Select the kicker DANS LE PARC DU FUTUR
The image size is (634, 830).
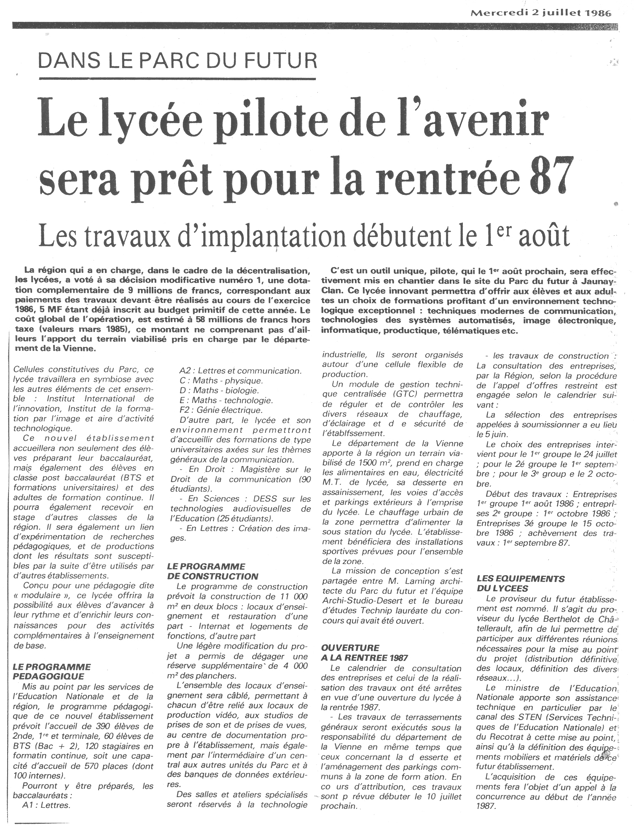(x=177, y=62)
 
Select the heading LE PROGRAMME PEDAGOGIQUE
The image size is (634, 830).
(x=52, y=672)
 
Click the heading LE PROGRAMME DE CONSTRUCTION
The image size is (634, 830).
(x=212, y=571)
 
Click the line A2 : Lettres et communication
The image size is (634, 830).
(x=240, y=371)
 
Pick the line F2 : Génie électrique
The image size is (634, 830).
(x=220, y=410)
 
